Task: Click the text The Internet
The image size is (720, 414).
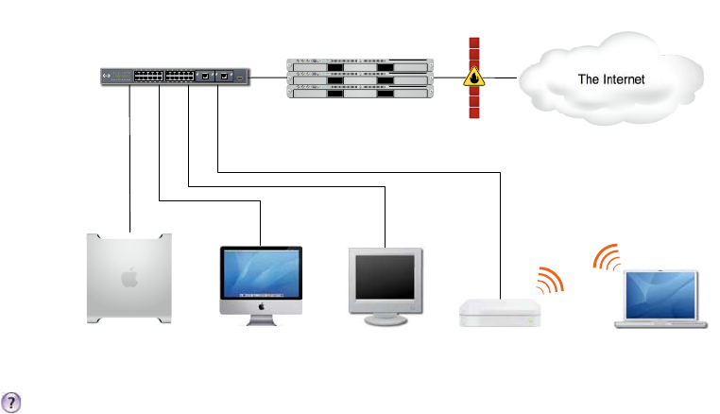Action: (x=610, y=79)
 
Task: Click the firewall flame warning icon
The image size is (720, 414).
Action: (x=473, y=79)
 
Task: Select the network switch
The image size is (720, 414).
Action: (x=176, y=77)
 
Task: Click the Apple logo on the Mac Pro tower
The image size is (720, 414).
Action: (x=129, y=277)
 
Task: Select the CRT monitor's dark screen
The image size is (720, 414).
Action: (x=383, y=276)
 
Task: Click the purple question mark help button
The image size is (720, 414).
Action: (x=12, y=400)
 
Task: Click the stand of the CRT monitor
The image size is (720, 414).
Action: (x=383, y=319)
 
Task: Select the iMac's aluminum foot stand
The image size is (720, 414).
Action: (x=261, y=320)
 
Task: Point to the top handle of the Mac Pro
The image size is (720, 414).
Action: (x=129, y=235)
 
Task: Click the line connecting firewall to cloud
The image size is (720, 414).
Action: (x=500, y=78)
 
